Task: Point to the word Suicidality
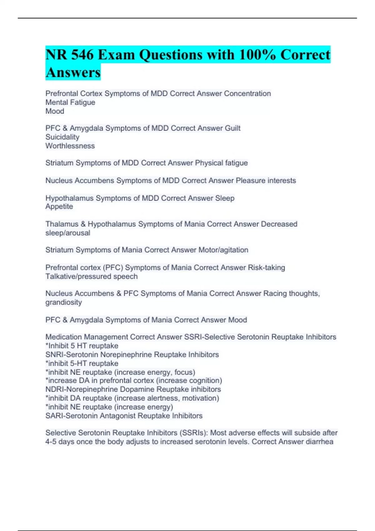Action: [62, 137]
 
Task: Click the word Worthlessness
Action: [70, 146]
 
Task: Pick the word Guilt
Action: [232, 128]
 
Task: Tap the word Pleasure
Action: [249, 181]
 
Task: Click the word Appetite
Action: [59, 206]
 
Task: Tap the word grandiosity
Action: [63, 302]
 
